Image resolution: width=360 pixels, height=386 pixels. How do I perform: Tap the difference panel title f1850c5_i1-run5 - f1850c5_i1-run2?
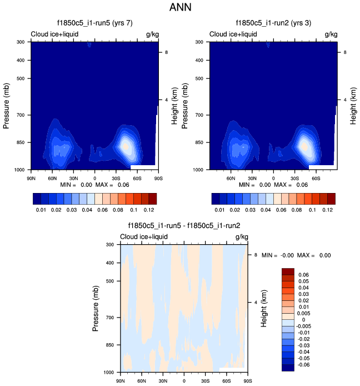pyautogui.click(x=184, y=226)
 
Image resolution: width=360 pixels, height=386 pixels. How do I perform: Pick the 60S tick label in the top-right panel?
pyautogui.click(x=316, y=178)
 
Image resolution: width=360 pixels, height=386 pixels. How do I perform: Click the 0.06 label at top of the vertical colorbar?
pyautogui.click(x=303, y=275)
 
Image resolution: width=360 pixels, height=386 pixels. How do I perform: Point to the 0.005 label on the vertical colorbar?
pyautogui.click(x=304, y=314)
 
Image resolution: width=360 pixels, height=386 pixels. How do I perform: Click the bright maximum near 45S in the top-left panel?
pyautogui.click(x=126, y=146)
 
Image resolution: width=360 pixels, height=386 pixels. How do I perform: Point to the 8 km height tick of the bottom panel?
pyautogui.click(x=255, y=255)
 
